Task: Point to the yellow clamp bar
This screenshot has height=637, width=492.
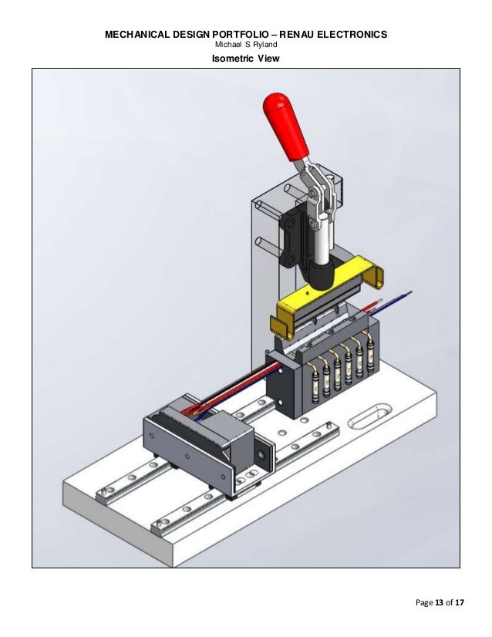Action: pos(324,293)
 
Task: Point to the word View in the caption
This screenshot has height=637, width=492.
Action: pos(267,59)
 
